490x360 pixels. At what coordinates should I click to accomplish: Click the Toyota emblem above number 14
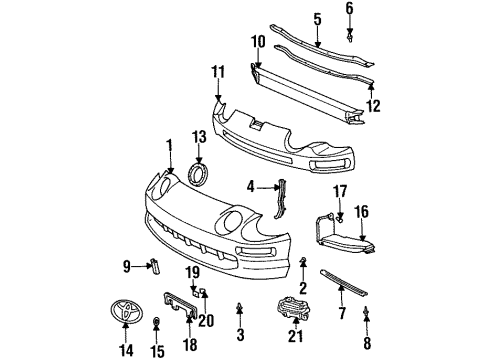pyautogui.click(x=125, y=312)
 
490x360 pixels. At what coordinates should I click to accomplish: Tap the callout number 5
pyautogui.click(x=318, y=19)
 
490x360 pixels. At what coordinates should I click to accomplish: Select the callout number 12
pyautogui.click(x=373, y=104)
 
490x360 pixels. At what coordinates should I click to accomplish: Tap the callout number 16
pyautogui.click(x=362, y=211)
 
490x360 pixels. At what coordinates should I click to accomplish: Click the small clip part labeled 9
pyautogui.click(x=154, y=264)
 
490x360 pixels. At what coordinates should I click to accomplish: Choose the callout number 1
pyautogui.click(x=168, y=145)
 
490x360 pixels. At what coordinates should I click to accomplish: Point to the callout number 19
pyautogui.click(x=193, y=271)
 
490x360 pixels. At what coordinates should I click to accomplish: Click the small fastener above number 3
pyautogui.click(x=240, y=306)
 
